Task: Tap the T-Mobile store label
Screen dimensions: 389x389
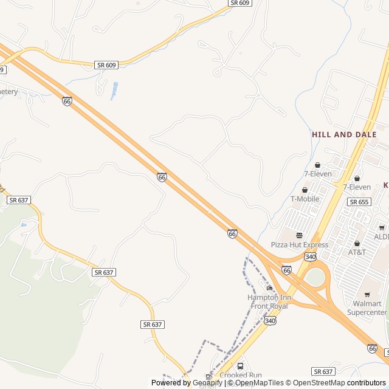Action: pyautogui.click(x=305, y=199)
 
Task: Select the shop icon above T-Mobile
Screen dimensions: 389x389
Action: pyautogui.click(x=305, y=190)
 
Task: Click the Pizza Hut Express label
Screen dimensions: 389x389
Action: pyautogui.click(x=299, y=245)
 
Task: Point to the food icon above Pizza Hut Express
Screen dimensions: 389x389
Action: pyautogui.click(x=299, y=235)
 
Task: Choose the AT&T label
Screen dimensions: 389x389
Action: pyautogui.click(x=357, y=252)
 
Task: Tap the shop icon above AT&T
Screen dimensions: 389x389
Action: pyautogui.click(x=357, y=243)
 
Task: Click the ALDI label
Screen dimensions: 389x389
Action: pyautogui.click(x=382, y=236)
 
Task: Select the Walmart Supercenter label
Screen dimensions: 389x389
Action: pyautogui.click(x=367, y=308)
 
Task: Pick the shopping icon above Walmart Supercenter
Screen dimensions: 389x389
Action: pyautogui.click(x=367, y=295)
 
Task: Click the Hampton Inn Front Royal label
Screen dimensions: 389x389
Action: pyautogui.click(x=269, y=301)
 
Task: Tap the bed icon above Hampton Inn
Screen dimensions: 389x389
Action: pyautogui.click(x=269, y=288)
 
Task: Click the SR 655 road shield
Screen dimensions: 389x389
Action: pyautogui.click(x=358, y=202)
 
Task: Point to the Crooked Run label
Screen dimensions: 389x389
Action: pyautogui.click(x=240, y=376)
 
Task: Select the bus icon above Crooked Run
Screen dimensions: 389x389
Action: pyautogui.click(x=240, y=367)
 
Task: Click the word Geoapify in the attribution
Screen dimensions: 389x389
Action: pyautogui.click(x=207, y=383)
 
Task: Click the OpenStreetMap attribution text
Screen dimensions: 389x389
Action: pyautogui.click(x=316, y=383)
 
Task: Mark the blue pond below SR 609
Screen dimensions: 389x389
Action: pyautogui.click(x=114, y=91)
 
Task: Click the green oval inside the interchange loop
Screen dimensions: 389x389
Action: pyautogui.click(x=314, y=277)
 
